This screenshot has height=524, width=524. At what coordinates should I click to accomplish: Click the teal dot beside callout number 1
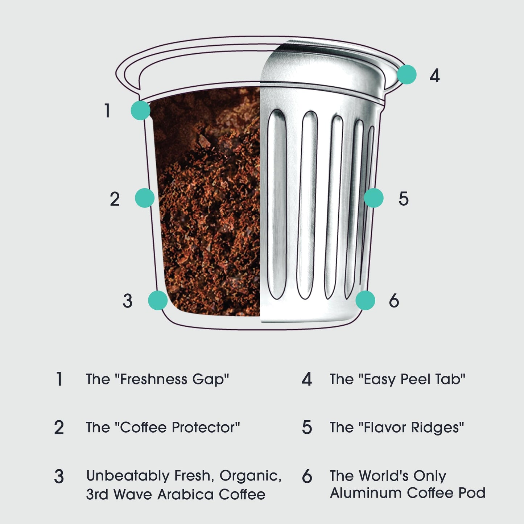point(140,110)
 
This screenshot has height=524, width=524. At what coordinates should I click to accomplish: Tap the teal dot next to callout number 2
point(145,198)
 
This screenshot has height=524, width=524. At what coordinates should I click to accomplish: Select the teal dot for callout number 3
point(158,300)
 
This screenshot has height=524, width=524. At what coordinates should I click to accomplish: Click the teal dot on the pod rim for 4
point(407,75)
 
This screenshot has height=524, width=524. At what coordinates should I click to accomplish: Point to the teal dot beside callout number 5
point(374,198)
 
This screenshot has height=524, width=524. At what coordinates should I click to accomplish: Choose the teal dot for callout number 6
point(365,300)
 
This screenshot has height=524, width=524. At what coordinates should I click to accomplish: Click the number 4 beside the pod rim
point(434,76)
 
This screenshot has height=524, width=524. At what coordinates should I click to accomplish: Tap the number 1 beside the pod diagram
point(107,111)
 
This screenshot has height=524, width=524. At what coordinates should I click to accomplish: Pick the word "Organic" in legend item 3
point(250,476)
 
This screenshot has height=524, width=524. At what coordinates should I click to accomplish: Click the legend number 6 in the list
point(307,476)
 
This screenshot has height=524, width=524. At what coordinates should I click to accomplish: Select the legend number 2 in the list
point(59,428)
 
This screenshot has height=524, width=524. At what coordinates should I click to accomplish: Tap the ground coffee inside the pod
point(210,218)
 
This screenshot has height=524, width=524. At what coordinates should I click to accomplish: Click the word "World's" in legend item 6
point(384,476)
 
